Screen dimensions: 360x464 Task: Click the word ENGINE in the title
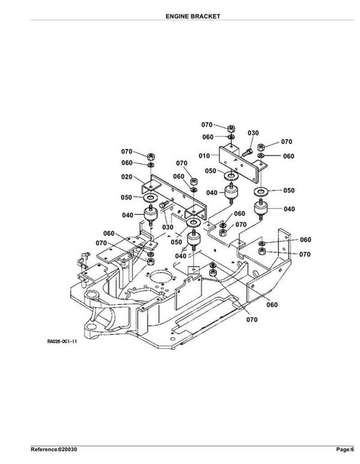(x=176, y=16)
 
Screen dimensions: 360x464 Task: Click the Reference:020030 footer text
(x=54, y=450)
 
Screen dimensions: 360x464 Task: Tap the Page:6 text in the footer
(x=345, y=450)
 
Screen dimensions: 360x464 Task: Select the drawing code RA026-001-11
(x=62, y=342)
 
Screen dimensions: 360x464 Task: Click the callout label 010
(x=204, y=155)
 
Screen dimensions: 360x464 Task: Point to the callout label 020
(x=127, y=177)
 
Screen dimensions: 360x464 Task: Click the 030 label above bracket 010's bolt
(x=253, y=133)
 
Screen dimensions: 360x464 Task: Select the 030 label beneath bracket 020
(x=168, y=227)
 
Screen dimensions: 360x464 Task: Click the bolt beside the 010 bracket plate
(x=247, y=153)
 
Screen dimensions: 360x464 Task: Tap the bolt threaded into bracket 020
(x=164, y=204)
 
